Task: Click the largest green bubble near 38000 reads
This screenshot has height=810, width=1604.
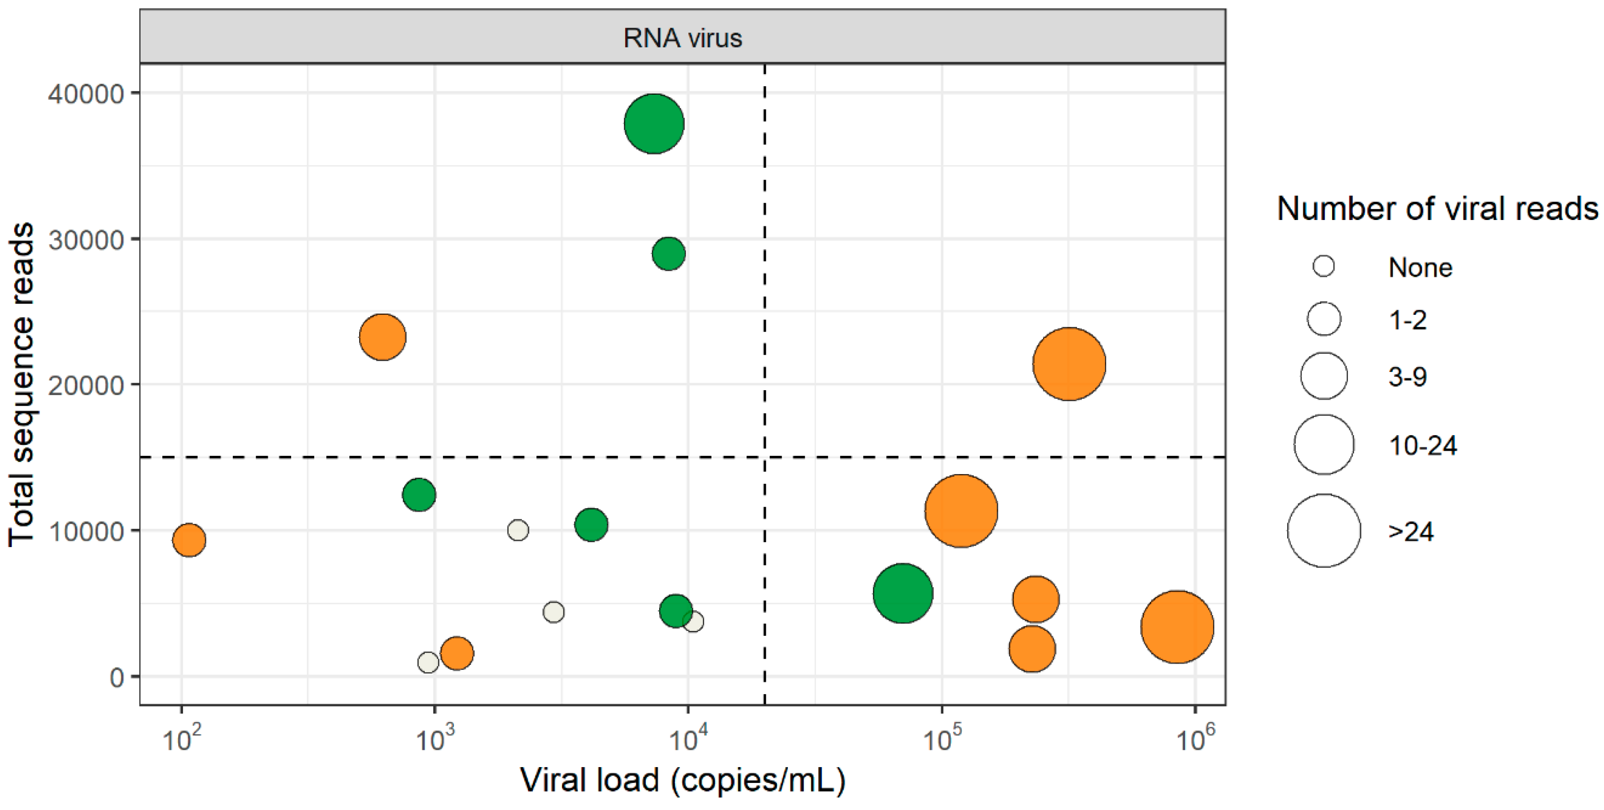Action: pyautogui.click(x=654, y=124)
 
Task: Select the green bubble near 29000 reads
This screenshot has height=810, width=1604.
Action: pyautogui.click(x=668, y=254)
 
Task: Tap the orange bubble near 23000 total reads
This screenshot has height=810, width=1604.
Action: pyautogui.click(x=382, y=337)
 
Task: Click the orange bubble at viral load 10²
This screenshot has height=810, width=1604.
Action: pyautogui.click(x=188, y=539)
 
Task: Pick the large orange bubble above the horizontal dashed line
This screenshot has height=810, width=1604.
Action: pyautogui.click(x=1069, y=364)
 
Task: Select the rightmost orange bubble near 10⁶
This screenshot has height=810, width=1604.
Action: pyautogui.click(x=1176, y=626)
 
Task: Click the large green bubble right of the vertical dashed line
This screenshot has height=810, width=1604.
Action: pyautogui.click(x=902, y=593)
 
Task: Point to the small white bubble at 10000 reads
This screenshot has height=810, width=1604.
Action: pyautogui.click(x=518, y=530)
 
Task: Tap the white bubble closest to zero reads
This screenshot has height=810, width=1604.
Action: pyautogui.click(x=428, y=662)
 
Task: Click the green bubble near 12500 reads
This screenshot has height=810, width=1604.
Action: pyautogui.click(x=418, y=494)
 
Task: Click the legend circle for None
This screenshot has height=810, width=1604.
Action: pyautogui.click(x=1323, y=266)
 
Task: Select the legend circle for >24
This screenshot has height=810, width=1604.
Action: pyautogui.click(x=1323, y=530)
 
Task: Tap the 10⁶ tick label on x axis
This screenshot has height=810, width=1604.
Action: pyautogui.click(x=1194, y=739)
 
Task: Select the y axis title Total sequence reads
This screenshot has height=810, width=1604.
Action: pyautogui.click(x=21, y=384)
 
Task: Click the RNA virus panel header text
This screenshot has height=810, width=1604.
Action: pyautogui.click(x=682, y=38)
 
